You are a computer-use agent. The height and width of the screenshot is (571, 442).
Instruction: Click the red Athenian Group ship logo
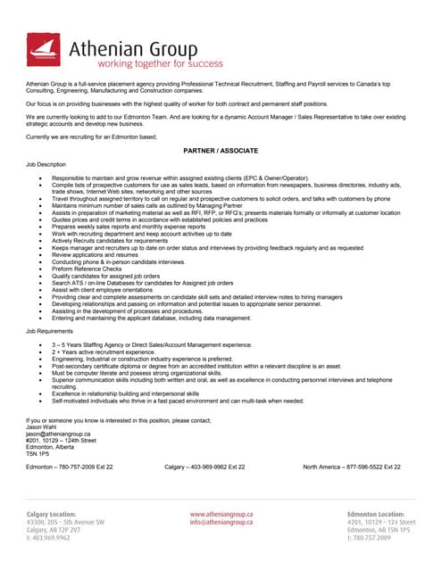44,50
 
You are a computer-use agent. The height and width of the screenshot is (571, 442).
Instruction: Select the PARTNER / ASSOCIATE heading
221,152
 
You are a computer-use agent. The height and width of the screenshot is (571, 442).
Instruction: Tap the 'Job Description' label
46,165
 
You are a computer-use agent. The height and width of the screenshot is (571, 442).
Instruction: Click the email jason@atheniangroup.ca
57,434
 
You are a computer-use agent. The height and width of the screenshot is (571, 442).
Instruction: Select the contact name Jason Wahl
42,427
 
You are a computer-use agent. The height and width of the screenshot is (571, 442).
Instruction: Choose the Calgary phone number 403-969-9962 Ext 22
204,467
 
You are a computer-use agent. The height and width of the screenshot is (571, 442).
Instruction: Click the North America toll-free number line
358,467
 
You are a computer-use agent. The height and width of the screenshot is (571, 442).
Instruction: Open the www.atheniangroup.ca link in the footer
221,515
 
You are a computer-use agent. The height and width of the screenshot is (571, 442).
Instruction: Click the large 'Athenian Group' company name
148,46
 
